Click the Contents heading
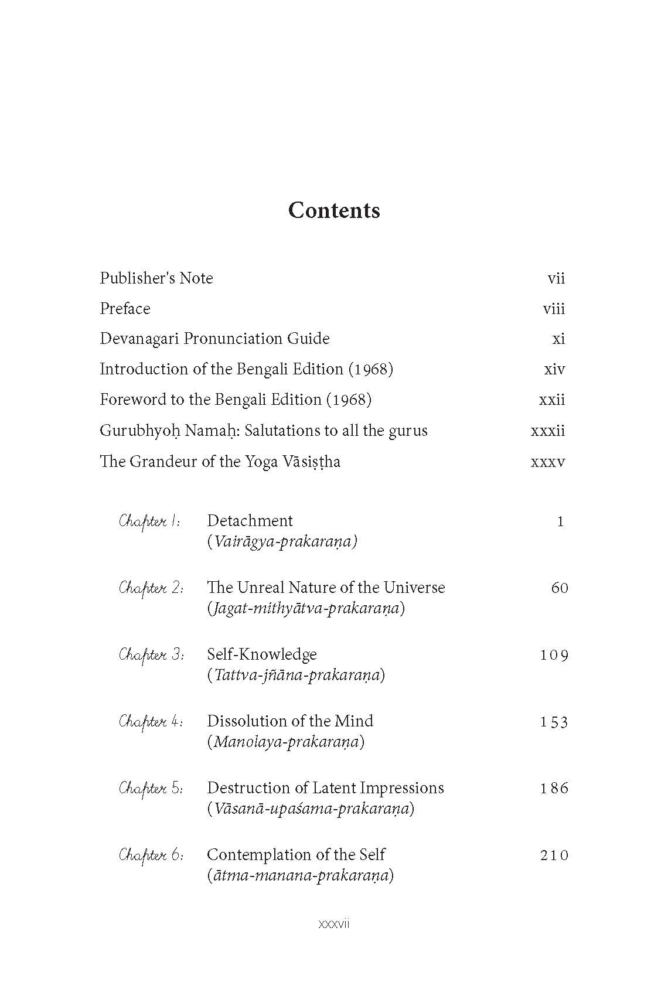(334, 210)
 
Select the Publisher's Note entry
(156, 278)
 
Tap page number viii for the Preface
(554, 309)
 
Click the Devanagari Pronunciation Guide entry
(214, 339)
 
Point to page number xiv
(554, 369)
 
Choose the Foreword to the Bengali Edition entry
(236, 400)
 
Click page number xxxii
(548, 431)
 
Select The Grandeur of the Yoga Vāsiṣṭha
(220, 462)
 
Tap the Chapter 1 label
(149, 521)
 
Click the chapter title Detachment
(250, 521)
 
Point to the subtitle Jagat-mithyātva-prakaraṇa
(306, 608)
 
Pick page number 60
(560, 588)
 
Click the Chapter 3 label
(151, 654)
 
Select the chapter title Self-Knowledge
(262, 654)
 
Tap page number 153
(554, 722)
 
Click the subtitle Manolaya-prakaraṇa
(286, 742)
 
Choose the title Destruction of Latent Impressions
(325, 788)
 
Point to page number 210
(554, 855)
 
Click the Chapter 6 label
(151, 855)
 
